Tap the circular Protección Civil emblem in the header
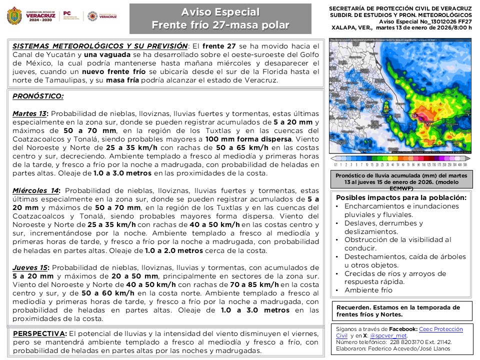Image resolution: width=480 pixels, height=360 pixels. pyautogui.click(x=92, y=16)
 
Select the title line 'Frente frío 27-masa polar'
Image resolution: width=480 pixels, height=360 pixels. pyautogui.click(x=220, y=25)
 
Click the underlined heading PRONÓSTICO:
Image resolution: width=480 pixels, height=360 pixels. pyautogui.click(x=38, y=96)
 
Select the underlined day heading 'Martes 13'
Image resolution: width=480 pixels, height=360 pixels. pyautogui.click(x=29, y=113)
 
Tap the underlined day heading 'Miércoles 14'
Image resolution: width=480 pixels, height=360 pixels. pyautogui.click(x=36, y=190)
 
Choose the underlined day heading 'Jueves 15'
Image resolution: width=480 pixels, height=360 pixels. pyautogui.click(x=30, y=267)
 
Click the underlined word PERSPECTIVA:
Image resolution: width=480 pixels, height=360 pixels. pyautogui.click(x=39, y=333)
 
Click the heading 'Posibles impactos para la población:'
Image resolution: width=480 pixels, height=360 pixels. pyautogui.click(x=401, y=197)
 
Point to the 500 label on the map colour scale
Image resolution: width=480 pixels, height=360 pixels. pyautogui.click(x=465, y=164)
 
